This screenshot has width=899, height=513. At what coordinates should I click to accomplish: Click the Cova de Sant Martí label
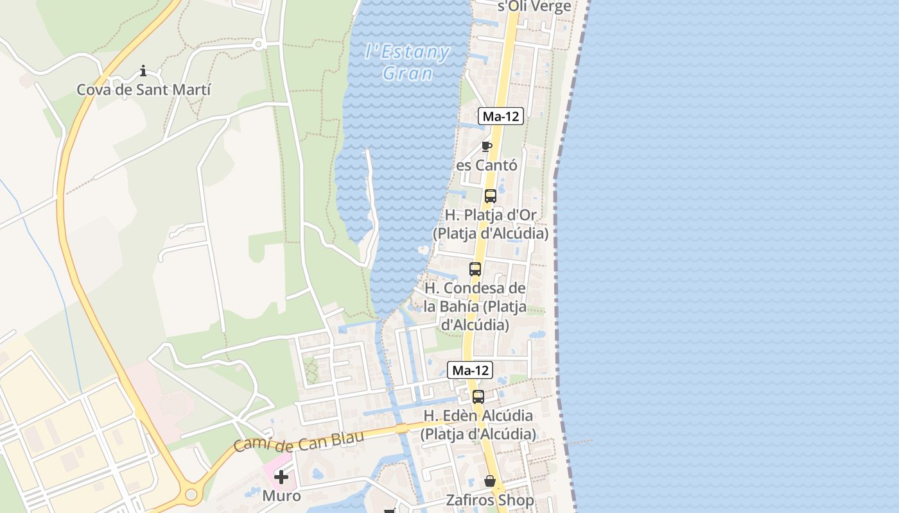[143, 89]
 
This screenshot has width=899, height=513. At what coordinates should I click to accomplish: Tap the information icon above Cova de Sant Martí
[143, 71]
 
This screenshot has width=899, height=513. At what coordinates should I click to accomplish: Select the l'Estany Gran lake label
[407, 62]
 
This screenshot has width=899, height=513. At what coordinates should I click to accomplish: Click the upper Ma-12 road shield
[501, 116]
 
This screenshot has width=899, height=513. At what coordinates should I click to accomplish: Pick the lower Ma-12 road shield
[470, 370]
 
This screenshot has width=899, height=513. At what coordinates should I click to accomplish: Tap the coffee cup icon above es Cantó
[486, 146]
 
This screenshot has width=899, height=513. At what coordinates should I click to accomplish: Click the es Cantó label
[486, 165]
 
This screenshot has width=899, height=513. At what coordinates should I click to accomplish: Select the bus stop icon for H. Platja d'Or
[490, 196]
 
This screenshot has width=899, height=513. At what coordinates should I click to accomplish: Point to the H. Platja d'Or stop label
[491, 224]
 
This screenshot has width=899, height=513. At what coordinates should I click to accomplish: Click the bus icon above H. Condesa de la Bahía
[475, 269]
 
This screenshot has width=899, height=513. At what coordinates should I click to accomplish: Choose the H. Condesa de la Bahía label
[475, 307]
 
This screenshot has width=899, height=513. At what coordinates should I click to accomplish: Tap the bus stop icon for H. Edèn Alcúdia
[478, 397]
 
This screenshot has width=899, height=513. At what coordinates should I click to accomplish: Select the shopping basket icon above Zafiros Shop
[490, 481]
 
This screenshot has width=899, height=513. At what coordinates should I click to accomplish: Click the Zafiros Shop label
[490, 500]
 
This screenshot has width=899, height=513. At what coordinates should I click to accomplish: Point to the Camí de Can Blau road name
[299, 441]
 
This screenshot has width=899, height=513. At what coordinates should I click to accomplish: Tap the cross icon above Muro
[281, 477]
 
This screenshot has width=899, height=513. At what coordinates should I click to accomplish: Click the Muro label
[281, 496]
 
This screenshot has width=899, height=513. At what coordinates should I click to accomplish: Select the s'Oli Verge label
[534, 7]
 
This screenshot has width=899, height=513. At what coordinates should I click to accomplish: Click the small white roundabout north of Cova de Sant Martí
[259, 44]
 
